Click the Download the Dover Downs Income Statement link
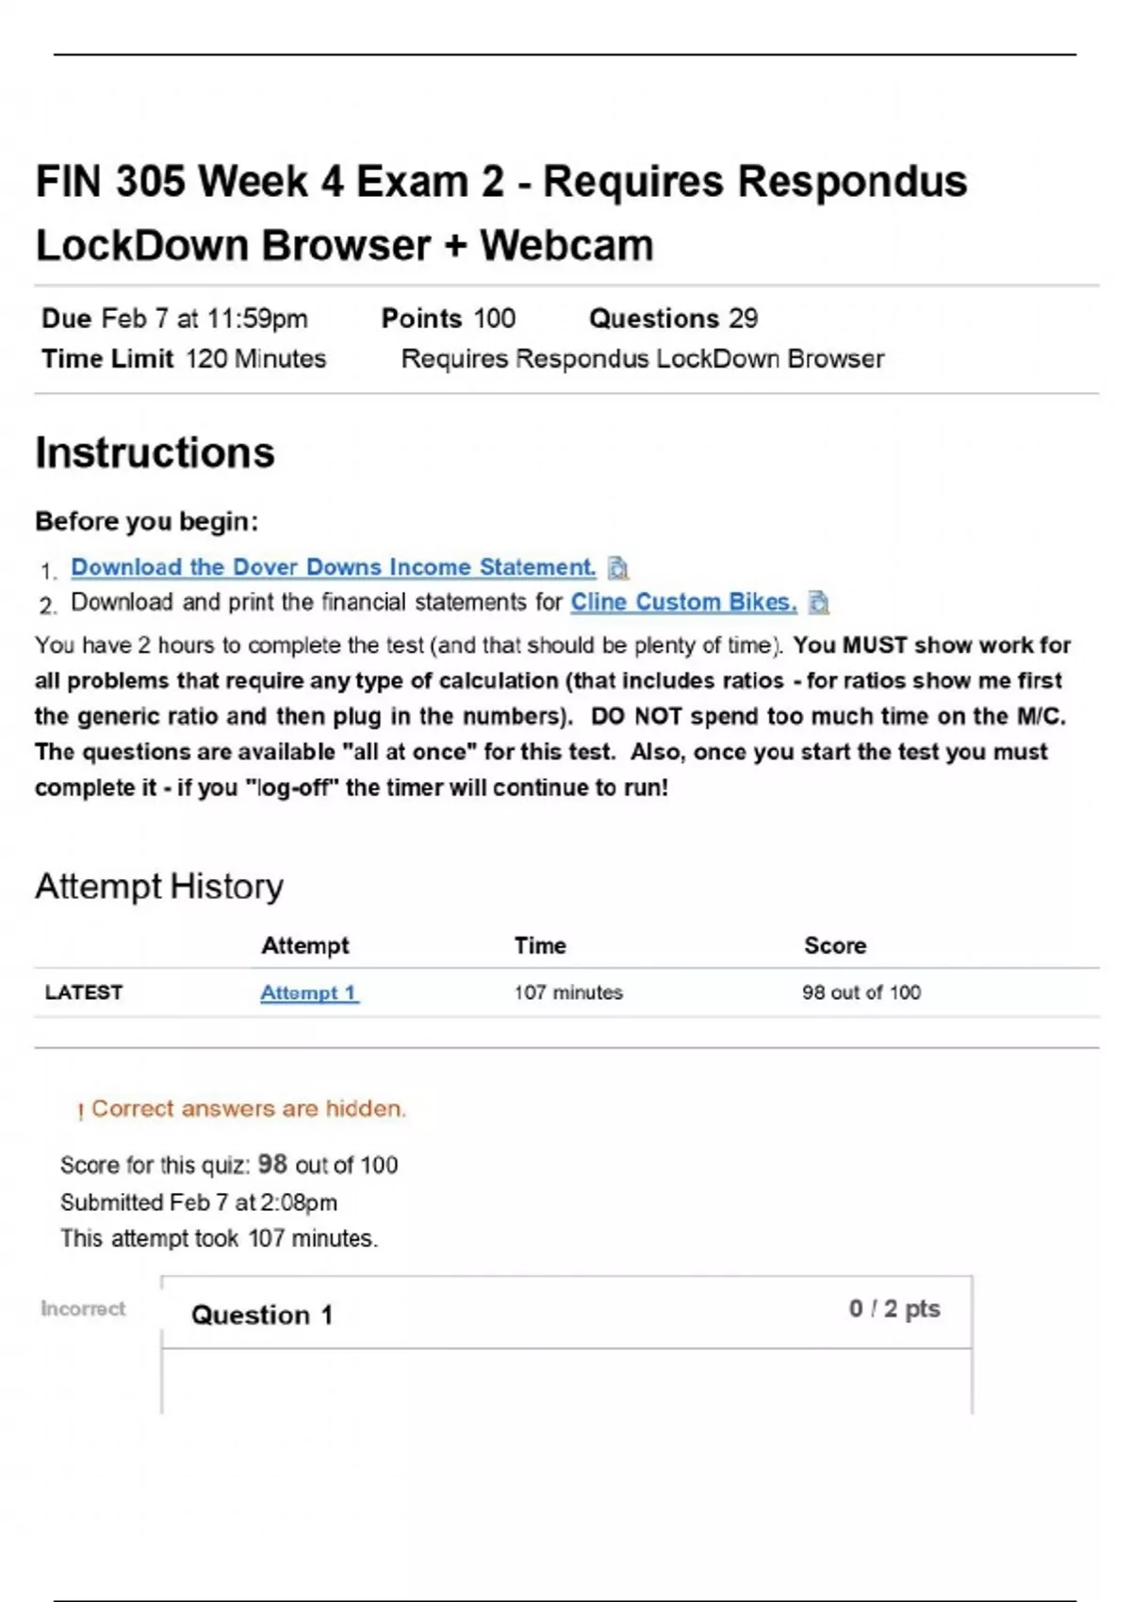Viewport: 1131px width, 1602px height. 333,567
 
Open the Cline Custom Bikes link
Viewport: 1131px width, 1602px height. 683,602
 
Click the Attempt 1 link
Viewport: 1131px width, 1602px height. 308,992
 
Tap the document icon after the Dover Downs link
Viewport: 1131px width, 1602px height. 618,568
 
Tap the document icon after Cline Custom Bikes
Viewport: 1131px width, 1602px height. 819,603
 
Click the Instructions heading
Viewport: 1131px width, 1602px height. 155,453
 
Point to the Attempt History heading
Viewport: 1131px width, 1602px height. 159,887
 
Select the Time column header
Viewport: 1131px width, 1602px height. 540,945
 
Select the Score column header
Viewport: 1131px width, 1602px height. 835,945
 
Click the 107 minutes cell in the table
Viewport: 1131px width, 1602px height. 568,992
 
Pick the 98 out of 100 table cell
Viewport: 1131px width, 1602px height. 861,992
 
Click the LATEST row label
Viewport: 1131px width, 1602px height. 84,992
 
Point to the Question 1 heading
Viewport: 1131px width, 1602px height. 262,1315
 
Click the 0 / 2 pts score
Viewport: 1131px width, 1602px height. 894,1309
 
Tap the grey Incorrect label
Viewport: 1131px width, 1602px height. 83,1309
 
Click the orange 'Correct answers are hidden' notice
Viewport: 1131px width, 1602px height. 248,1109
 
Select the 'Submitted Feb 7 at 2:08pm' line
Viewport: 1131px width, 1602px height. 199,1202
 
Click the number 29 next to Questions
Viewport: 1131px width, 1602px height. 743,319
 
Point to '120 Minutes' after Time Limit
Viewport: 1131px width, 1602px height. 255,359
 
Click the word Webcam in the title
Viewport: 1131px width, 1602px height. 566,246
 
